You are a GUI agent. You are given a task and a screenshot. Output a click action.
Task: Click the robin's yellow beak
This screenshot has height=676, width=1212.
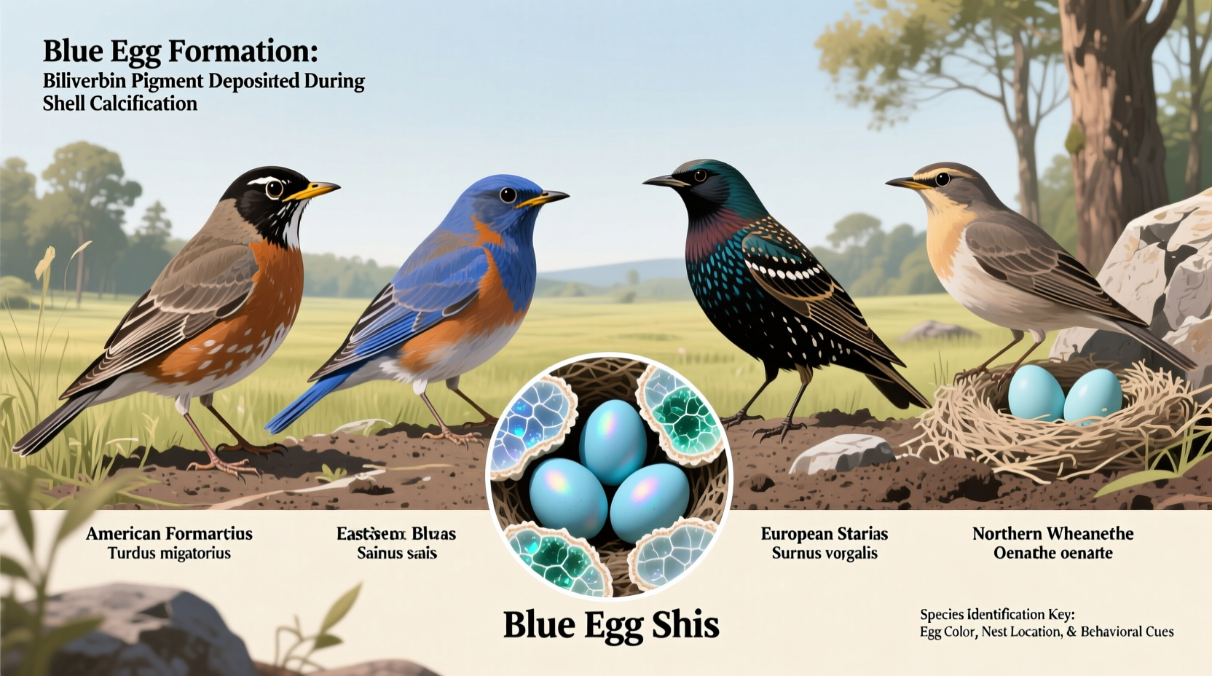[313, 192]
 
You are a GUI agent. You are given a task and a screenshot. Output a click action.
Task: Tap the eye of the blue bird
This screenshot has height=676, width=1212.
[508, 194]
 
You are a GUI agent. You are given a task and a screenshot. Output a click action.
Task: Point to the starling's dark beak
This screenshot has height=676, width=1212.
[664, 181]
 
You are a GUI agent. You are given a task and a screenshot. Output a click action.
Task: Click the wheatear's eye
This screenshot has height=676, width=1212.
[943, 178]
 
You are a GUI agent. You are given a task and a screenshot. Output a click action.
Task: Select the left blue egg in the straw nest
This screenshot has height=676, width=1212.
[1036, 393]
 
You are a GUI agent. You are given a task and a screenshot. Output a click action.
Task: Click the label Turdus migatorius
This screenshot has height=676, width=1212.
[169, 554]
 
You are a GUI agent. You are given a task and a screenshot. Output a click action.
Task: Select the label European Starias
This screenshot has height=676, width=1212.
[824, 534]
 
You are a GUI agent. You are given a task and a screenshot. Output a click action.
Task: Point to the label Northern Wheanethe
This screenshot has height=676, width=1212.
[1052, 534]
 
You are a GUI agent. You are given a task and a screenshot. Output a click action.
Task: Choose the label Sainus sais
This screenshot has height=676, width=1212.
[396, 554]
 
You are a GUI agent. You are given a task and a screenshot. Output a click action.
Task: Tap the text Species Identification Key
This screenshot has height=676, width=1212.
[996, 615]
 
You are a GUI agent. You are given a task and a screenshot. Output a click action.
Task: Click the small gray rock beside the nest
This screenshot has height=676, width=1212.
[841, 453]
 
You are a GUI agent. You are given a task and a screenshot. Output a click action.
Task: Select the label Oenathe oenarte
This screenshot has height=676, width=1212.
[1052, 554]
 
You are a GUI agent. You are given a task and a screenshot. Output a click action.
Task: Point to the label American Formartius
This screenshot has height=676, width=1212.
[169, 534]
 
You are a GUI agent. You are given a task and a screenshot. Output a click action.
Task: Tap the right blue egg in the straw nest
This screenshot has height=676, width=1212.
[1093, 396]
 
